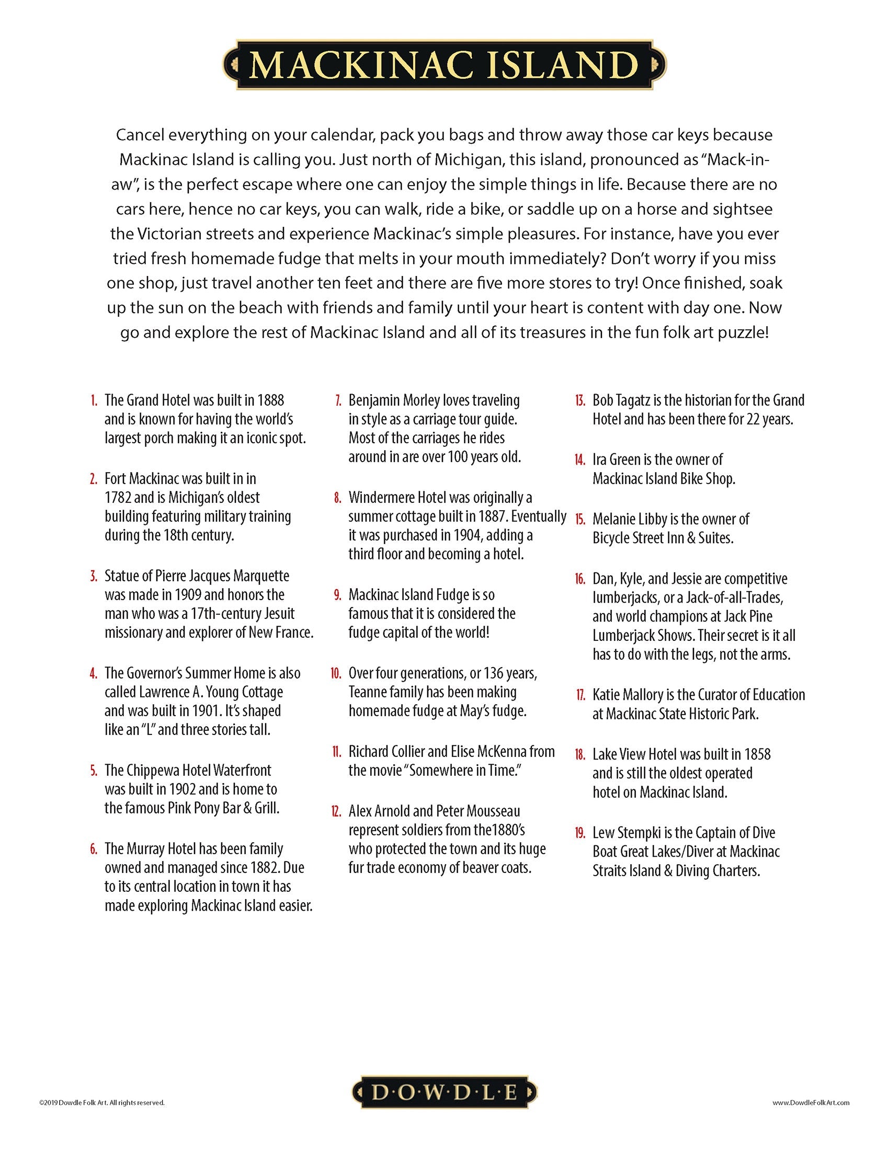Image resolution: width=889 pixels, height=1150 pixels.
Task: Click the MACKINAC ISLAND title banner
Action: pos(444,65)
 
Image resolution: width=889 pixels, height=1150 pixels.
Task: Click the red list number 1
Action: pos(94,401)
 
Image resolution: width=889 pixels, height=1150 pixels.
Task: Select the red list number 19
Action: pos(580,833)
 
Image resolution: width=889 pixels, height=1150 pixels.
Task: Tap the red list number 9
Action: pos(338,595)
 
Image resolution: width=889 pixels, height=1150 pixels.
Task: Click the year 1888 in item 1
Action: pos(271,400)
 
